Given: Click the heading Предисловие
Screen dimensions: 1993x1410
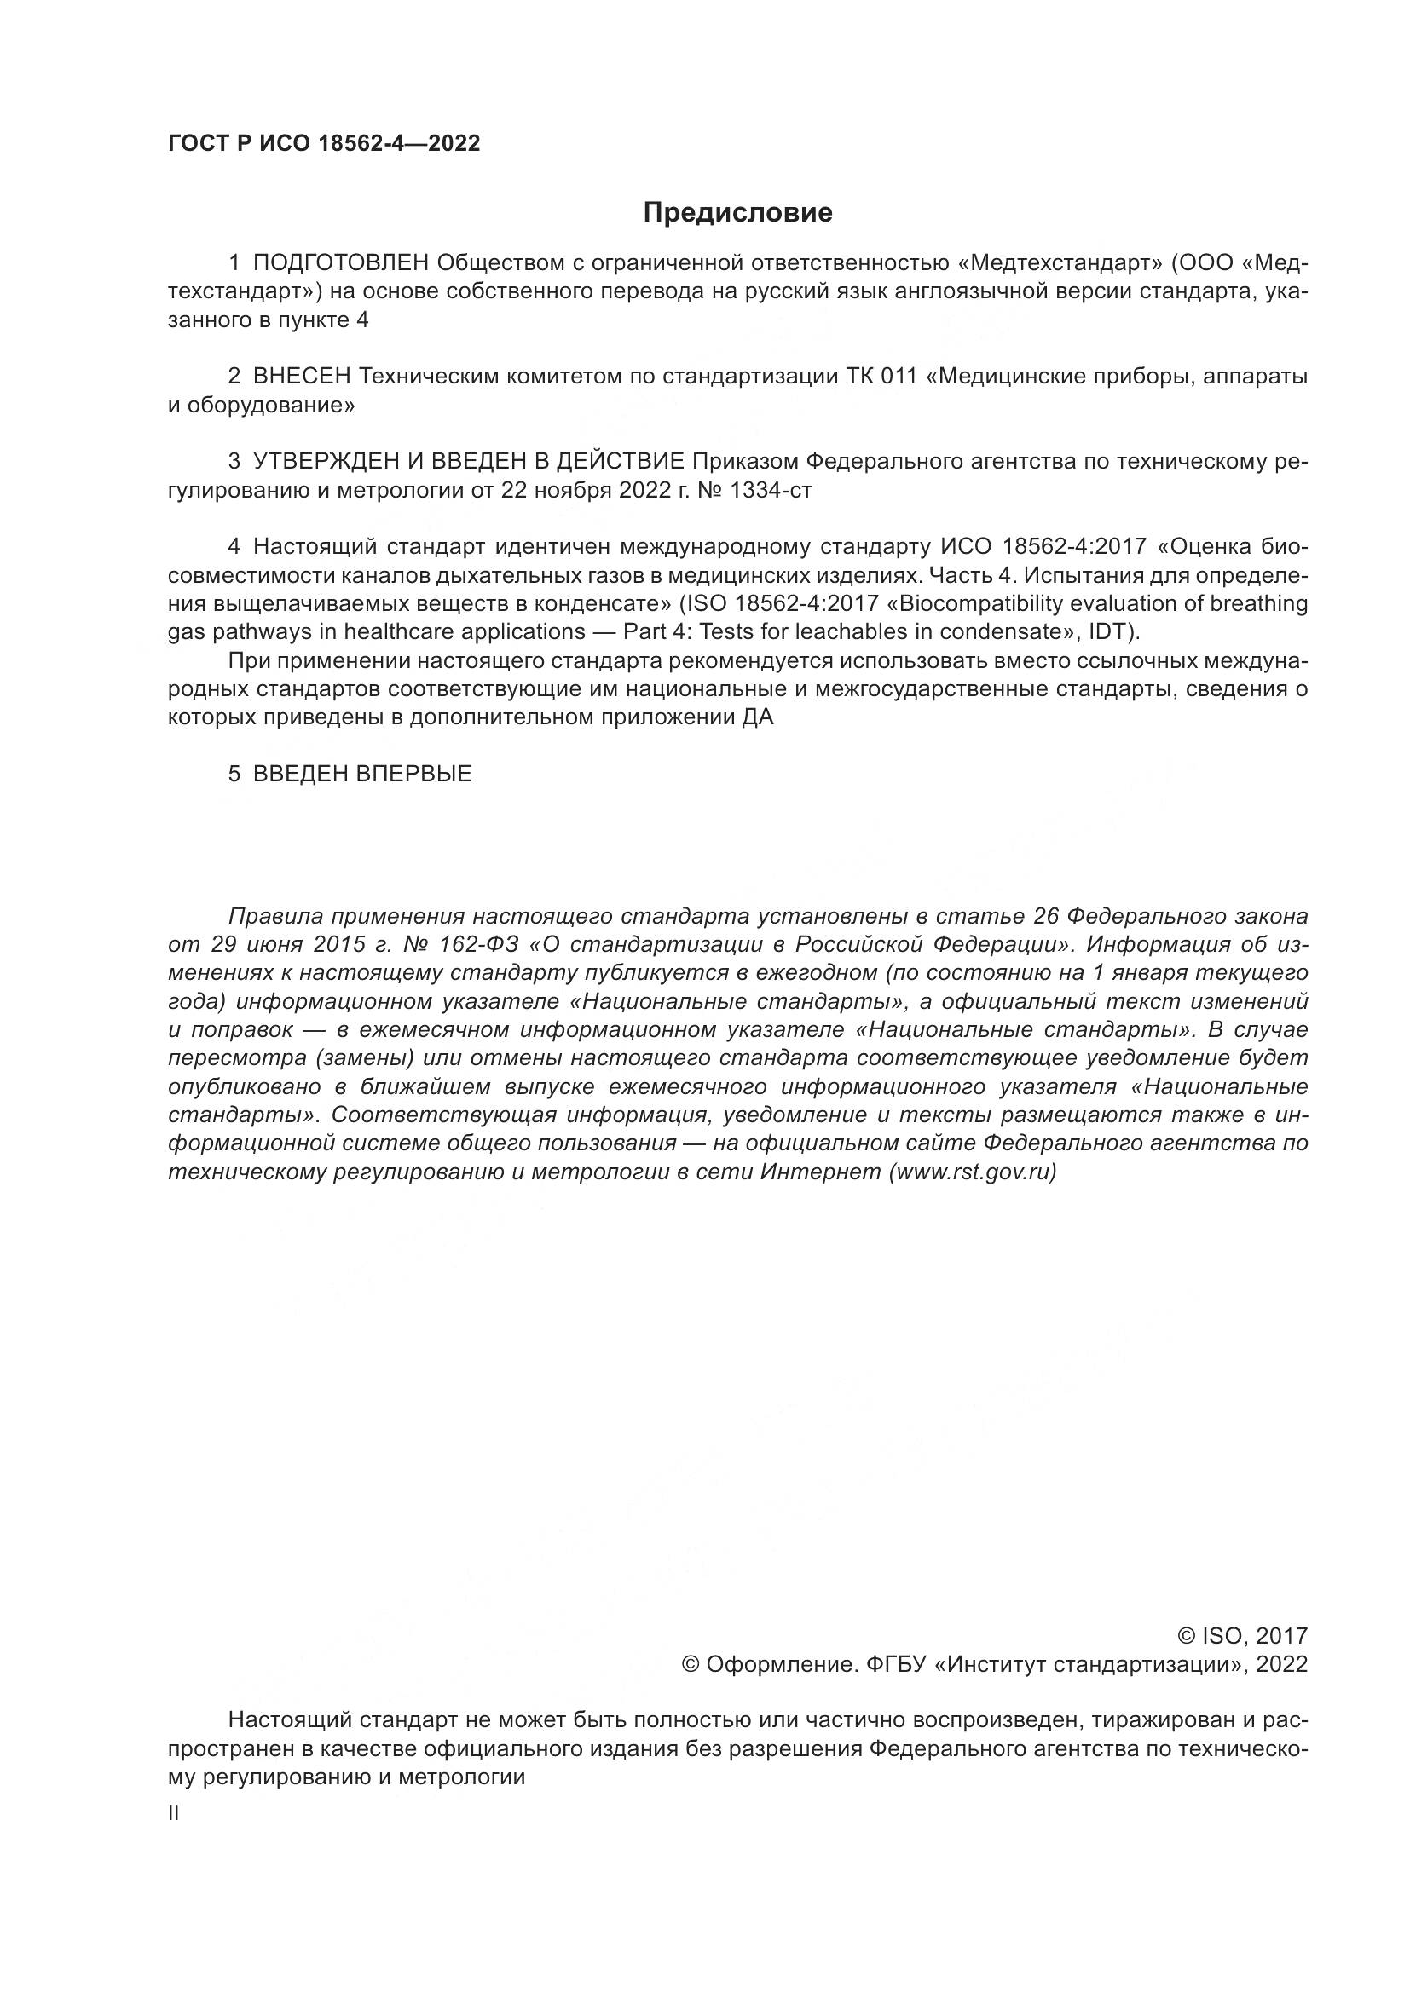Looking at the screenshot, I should pyautogui.click(x=737, y=213).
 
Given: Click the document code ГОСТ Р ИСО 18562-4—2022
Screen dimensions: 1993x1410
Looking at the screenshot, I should pyautogui.click(x=324, y=143).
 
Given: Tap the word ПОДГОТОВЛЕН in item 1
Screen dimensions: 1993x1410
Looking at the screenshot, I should pyautogui.click(x=341, y=263).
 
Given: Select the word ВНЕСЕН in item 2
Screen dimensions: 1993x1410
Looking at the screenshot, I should pyautogui.click(x=301, y=377).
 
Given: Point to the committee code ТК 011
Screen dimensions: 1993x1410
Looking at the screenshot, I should pyautogui.click(x=881, y=377).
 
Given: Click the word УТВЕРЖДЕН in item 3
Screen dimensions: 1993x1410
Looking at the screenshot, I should pyautogui.click(x=316, y=462).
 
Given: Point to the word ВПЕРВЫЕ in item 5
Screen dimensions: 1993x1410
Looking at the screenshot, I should pyautogui.click(x=414, y=774).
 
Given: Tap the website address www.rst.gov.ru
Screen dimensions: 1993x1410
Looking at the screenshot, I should pyautogui.click(x=973, y=1172).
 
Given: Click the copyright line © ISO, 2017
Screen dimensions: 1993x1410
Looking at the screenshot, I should pyautogui.click(x=1242, y=1636).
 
